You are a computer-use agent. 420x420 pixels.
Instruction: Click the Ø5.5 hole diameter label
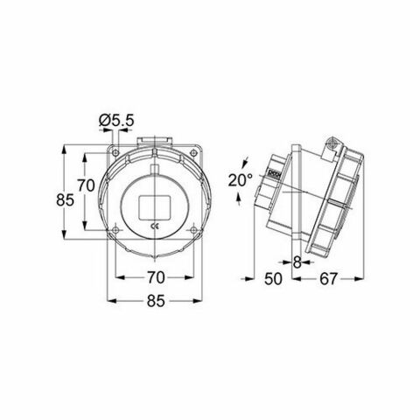(x=116, y=120)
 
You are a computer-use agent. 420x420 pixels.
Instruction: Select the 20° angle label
(x=240, y=180)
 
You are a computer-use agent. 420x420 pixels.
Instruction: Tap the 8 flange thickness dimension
(x=297, y=262)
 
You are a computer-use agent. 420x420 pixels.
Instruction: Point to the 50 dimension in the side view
(x=273, y=279)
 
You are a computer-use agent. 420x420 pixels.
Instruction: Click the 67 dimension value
(x=328, y=279)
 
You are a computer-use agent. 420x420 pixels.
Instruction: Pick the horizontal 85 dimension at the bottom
(x=156, y=301)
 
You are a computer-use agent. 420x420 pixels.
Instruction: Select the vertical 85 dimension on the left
(x=65, y=200)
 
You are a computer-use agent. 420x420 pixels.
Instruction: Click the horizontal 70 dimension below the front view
(x=156, y=277)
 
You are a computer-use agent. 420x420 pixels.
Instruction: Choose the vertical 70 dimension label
(x=86, y=185)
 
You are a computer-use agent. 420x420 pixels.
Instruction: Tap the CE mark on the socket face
(x=155, y=226)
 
